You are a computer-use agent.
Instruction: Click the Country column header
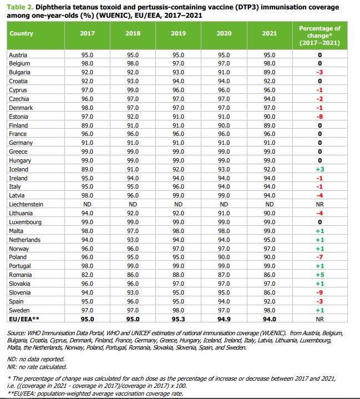22,33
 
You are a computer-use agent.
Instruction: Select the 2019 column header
178,33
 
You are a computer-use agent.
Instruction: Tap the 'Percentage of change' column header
320,35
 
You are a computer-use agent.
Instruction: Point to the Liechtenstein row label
26,204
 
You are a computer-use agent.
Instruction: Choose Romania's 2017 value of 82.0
88,275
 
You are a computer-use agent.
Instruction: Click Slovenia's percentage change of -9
320,292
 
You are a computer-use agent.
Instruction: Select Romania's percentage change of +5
320,275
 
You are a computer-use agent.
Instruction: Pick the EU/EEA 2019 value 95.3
178,319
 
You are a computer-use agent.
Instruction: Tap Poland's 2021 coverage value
269,257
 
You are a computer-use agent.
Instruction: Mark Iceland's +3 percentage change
320,169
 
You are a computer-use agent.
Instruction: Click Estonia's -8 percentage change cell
320,117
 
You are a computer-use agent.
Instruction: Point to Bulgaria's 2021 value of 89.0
269,72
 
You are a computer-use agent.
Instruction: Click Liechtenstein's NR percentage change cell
320,204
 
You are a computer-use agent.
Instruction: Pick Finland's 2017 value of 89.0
88,125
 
